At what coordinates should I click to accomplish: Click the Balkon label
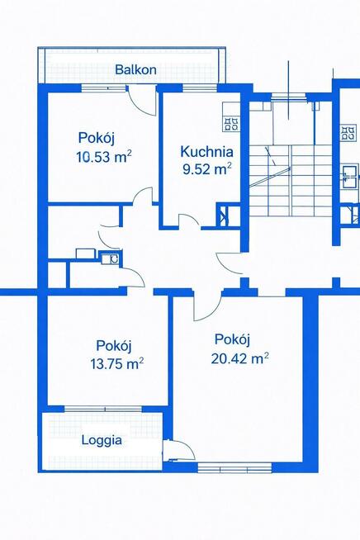pos(136,69)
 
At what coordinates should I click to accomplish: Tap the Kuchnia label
pos(206,152)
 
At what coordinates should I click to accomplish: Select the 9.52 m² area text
pos(206,170)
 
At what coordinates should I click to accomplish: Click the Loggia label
pos(102,440)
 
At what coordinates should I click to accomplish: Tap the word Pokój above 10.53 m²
pos(97,137)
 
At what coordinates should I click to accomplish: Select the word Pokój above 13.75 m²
pos(114,345)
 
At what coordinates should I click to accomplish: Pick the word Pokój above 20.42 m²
pos(232,339)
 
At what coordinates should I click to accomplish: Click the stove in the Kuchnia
pos(230,123)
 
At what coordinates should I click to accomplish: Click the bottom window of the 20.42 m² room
pos(234,468)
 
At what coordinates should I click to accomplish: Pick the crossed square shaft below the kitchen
pos(224,217)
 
